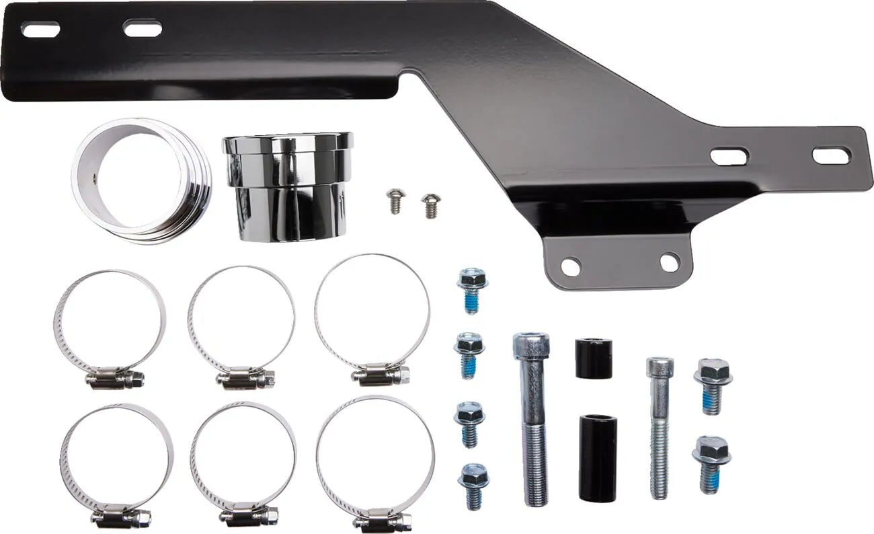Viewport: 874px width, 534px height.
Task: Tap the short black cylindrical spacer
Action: [593, 358]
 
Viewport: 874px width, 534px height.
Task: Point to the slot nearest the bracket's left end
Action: [40, 29]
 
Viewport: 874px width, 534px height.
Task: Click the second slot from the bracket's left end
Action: [143, 28]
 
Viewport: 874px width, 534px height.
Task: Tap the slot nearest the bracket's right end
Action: [831, 155]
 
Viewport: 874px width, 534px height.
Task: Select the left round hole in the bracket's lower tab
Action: [569, 266]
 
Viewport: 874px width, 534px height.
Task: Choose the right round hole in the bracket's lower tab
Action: [670, 262]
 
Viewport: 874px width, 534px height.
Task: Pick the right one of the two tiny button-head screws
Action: [428, 204]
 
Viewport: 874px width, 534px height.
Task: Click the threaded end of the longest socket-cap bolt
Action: [536, 471]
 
